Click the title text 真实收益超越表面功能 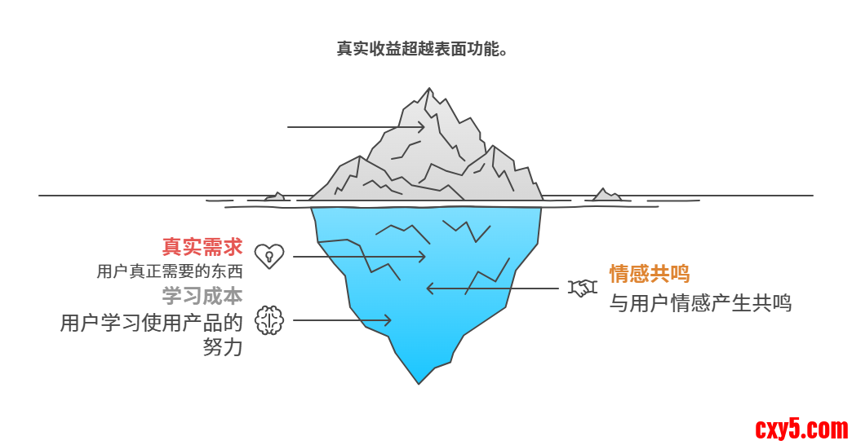424,49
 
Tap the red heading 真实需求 202,246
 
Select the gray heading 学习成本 202,295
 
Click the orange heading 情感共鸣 650,274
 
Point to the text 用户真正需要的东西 170,271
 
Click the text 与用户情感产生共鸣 700,304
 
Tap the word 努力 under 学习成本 223,347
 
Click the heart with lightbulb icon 268,256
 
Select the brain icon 268,320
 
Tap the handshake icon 583,288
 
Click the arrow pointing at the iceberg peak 356,127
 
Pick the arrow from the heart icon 359,257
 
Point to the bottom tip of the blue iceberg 419,381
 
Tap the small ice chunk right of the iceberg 606,195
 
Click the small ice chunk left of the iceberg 274,196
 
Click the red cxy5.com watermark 801,427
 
